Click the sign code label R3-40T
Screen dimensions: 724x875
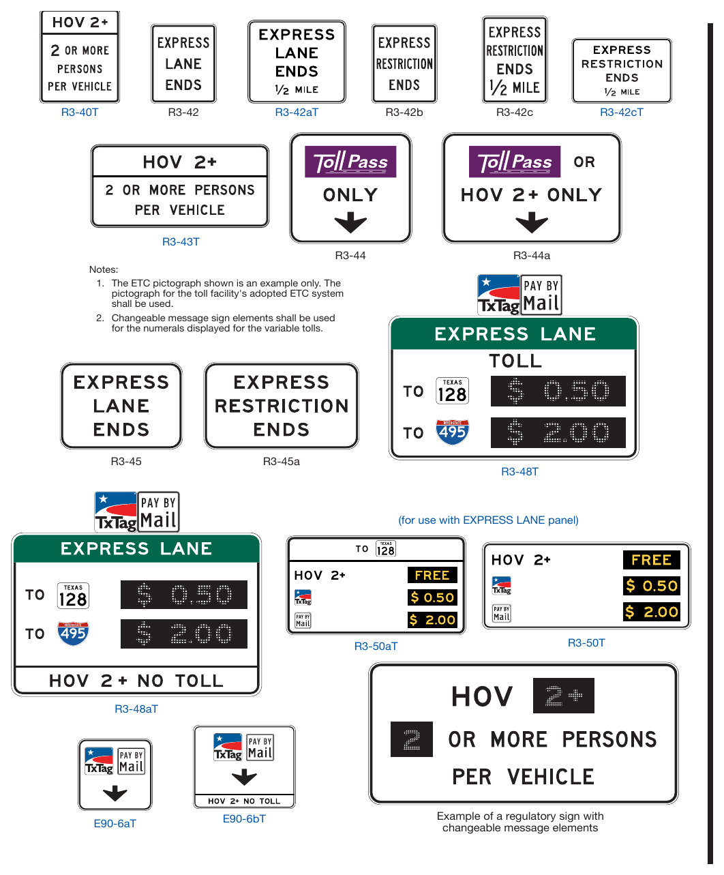pos(80,113)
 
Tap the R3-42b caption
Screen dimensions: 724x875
pos(404,113)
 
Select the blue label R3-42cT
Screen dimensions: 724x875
pos(621,113)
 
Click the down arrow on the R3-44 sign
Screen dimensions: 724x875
pos(350,222)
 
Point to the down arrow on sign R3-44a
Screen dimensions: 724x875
pos(531,222)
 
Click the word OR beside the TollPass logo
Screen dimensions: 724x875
pos(584,162)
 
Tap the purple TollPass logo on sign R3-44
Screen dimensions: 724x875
pos(350,162)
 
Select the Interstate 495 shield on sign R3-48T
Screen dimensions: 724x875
pos(452,432)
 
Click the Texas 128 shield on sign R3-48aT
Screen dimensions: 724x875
pos(73,595)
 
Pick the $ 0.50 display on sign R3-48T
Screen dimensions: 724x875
pos(558,391)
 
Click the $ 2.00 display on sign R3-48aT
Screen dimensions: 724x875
pos(184,634)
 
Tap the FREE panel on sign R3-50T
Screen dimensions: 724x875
pos(651,560)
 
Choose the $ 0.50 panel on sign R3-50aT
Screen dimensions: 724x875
pos(432,597)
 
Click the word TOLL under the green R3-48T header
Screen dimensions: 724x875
pos(515,361)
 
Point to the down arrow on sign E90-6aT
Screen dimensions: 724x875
pos(115,793)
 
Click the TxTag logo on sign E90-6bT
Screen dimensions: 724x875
pos(228,747)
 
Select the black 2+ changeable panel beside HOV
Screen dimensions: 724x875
pos(564,696)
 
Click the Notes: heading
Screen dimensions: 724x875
pos(104,269)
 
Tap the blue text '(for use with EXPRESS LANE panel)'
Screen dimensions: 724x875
pos(488,520)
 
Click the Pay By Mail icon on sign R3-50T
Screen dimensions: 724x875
pos(502,613)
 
